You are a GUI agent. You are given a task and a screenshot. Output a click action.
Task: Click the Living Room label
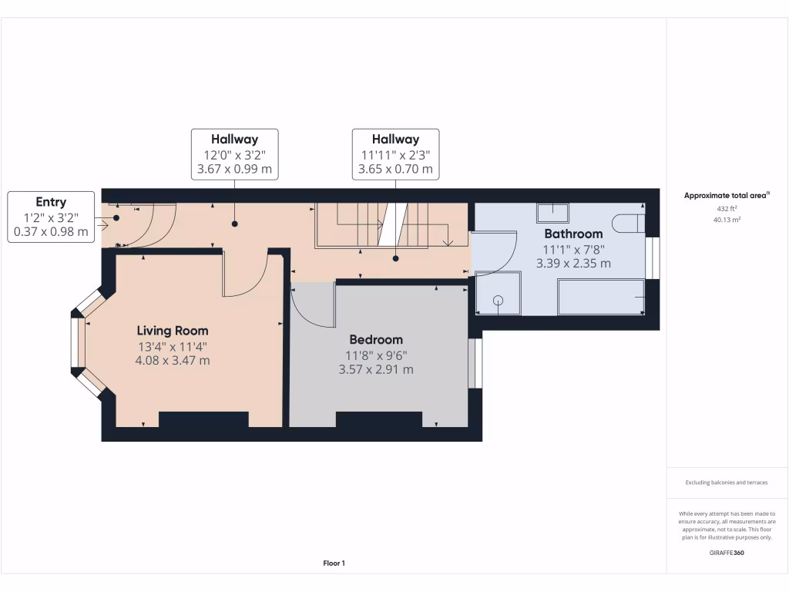[x=173, y=331]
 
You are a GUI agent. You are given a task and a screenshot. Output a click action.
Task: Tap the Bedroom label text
[x=376, y=339]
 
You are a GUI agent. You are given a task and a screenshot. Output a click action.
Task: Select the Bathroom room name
[x=573, y=234]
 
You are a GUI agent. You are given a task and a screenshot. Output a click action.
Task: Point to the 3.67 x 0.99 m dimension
[x=234, y=169]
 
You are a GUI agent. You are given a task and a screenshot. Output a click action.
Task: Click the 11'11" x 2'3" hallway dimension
[x=396, y=154]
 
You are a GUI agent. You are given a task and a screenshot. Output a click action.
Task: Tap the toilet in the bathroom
[x=627, y=224]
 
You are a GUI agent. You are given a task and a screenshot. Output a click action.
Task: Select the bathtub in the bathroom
[x=601, y=297]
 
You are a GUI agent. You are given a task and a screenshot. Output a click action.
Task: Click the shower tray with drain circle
[x=498, y=293]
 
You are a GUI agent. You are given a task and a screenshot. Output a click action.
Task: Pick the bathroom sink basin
[x=552, y=212]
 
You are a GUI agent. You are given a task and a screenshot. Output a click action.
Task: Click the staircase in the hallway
[x=381, y=225]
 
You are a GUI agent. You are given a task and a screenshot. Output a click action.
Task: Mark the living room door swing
[x=245, y=274]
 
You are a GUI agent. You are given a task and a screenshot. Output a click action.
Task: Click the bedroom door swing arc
[x=312, y=304]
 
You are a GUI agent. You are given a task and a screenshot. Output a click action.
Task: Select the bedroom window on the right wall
[x=475, y=363]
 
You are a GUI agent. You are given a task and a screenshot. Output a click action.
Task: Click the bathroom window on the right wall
[x=653, y=257]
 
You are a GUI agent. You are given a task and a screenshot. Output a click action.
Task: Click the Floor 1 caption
[x=334, y=563]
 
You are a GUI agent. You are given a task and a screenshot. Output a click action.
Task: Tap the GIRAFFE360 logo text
[x=727, y=553]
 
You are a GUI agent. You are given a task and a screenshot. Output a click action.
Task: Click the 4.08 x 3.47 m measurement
[x=173, y=360]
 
